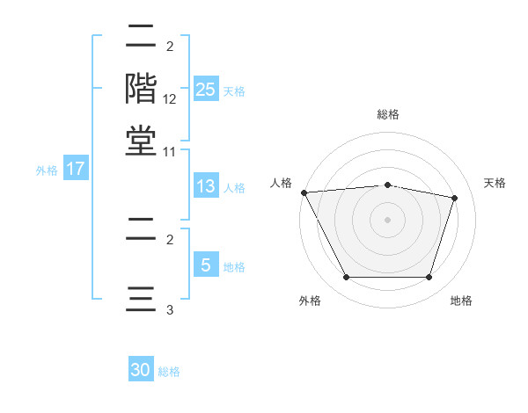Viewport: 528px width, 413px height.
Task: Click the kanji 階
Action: click(141, 89)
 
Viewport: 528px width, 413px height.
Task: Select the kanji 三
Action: click(141, 298)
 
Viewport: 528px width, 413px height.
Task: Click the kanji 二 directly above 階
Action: click(141, 39)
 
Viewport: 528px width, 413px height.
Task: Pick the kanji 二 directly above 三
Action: click(141, 230)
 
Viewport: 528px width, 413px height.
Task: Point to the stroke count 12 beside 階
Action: click(170, 99)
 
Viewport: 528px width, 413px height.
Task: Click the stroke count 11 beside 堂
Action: click(170, 151)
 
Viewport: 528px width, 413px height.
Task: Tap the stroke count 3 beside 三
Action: click(170, 309)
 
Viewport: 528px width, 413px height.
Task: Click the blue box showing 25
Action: click(205, 89)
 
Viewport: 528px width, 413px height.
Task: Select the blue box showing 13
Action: click(205, 186)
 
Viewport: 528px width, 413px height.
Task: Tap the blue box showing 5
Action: click(205, 265)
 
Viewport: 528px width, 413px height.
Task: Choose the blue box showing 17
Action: click(75, 169)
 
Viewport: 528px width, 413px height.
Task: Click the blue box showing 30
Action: click(141, 370)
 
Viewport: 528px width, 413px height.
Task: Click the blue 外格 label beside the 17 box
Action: click(47, 170)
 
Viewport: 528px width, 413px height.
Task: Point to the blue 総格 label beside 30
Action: click(169, 372)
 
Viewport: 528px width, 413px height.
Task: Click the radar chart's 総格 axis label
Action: click(388, 114)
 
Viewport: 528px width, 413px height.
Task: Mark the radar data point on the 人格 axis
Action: click(304, 192)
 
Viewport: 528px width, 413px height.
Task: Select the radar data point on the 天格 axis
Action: click(455, 198)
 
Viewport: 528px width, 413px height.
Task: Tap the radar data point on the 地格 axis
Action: click(429, 278)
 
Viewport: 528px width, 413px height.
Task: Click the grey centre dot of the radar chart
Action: click(388, 220)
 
